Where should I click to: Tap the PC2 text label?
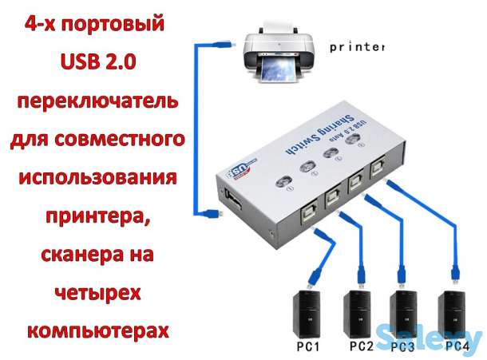(360, 347)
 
